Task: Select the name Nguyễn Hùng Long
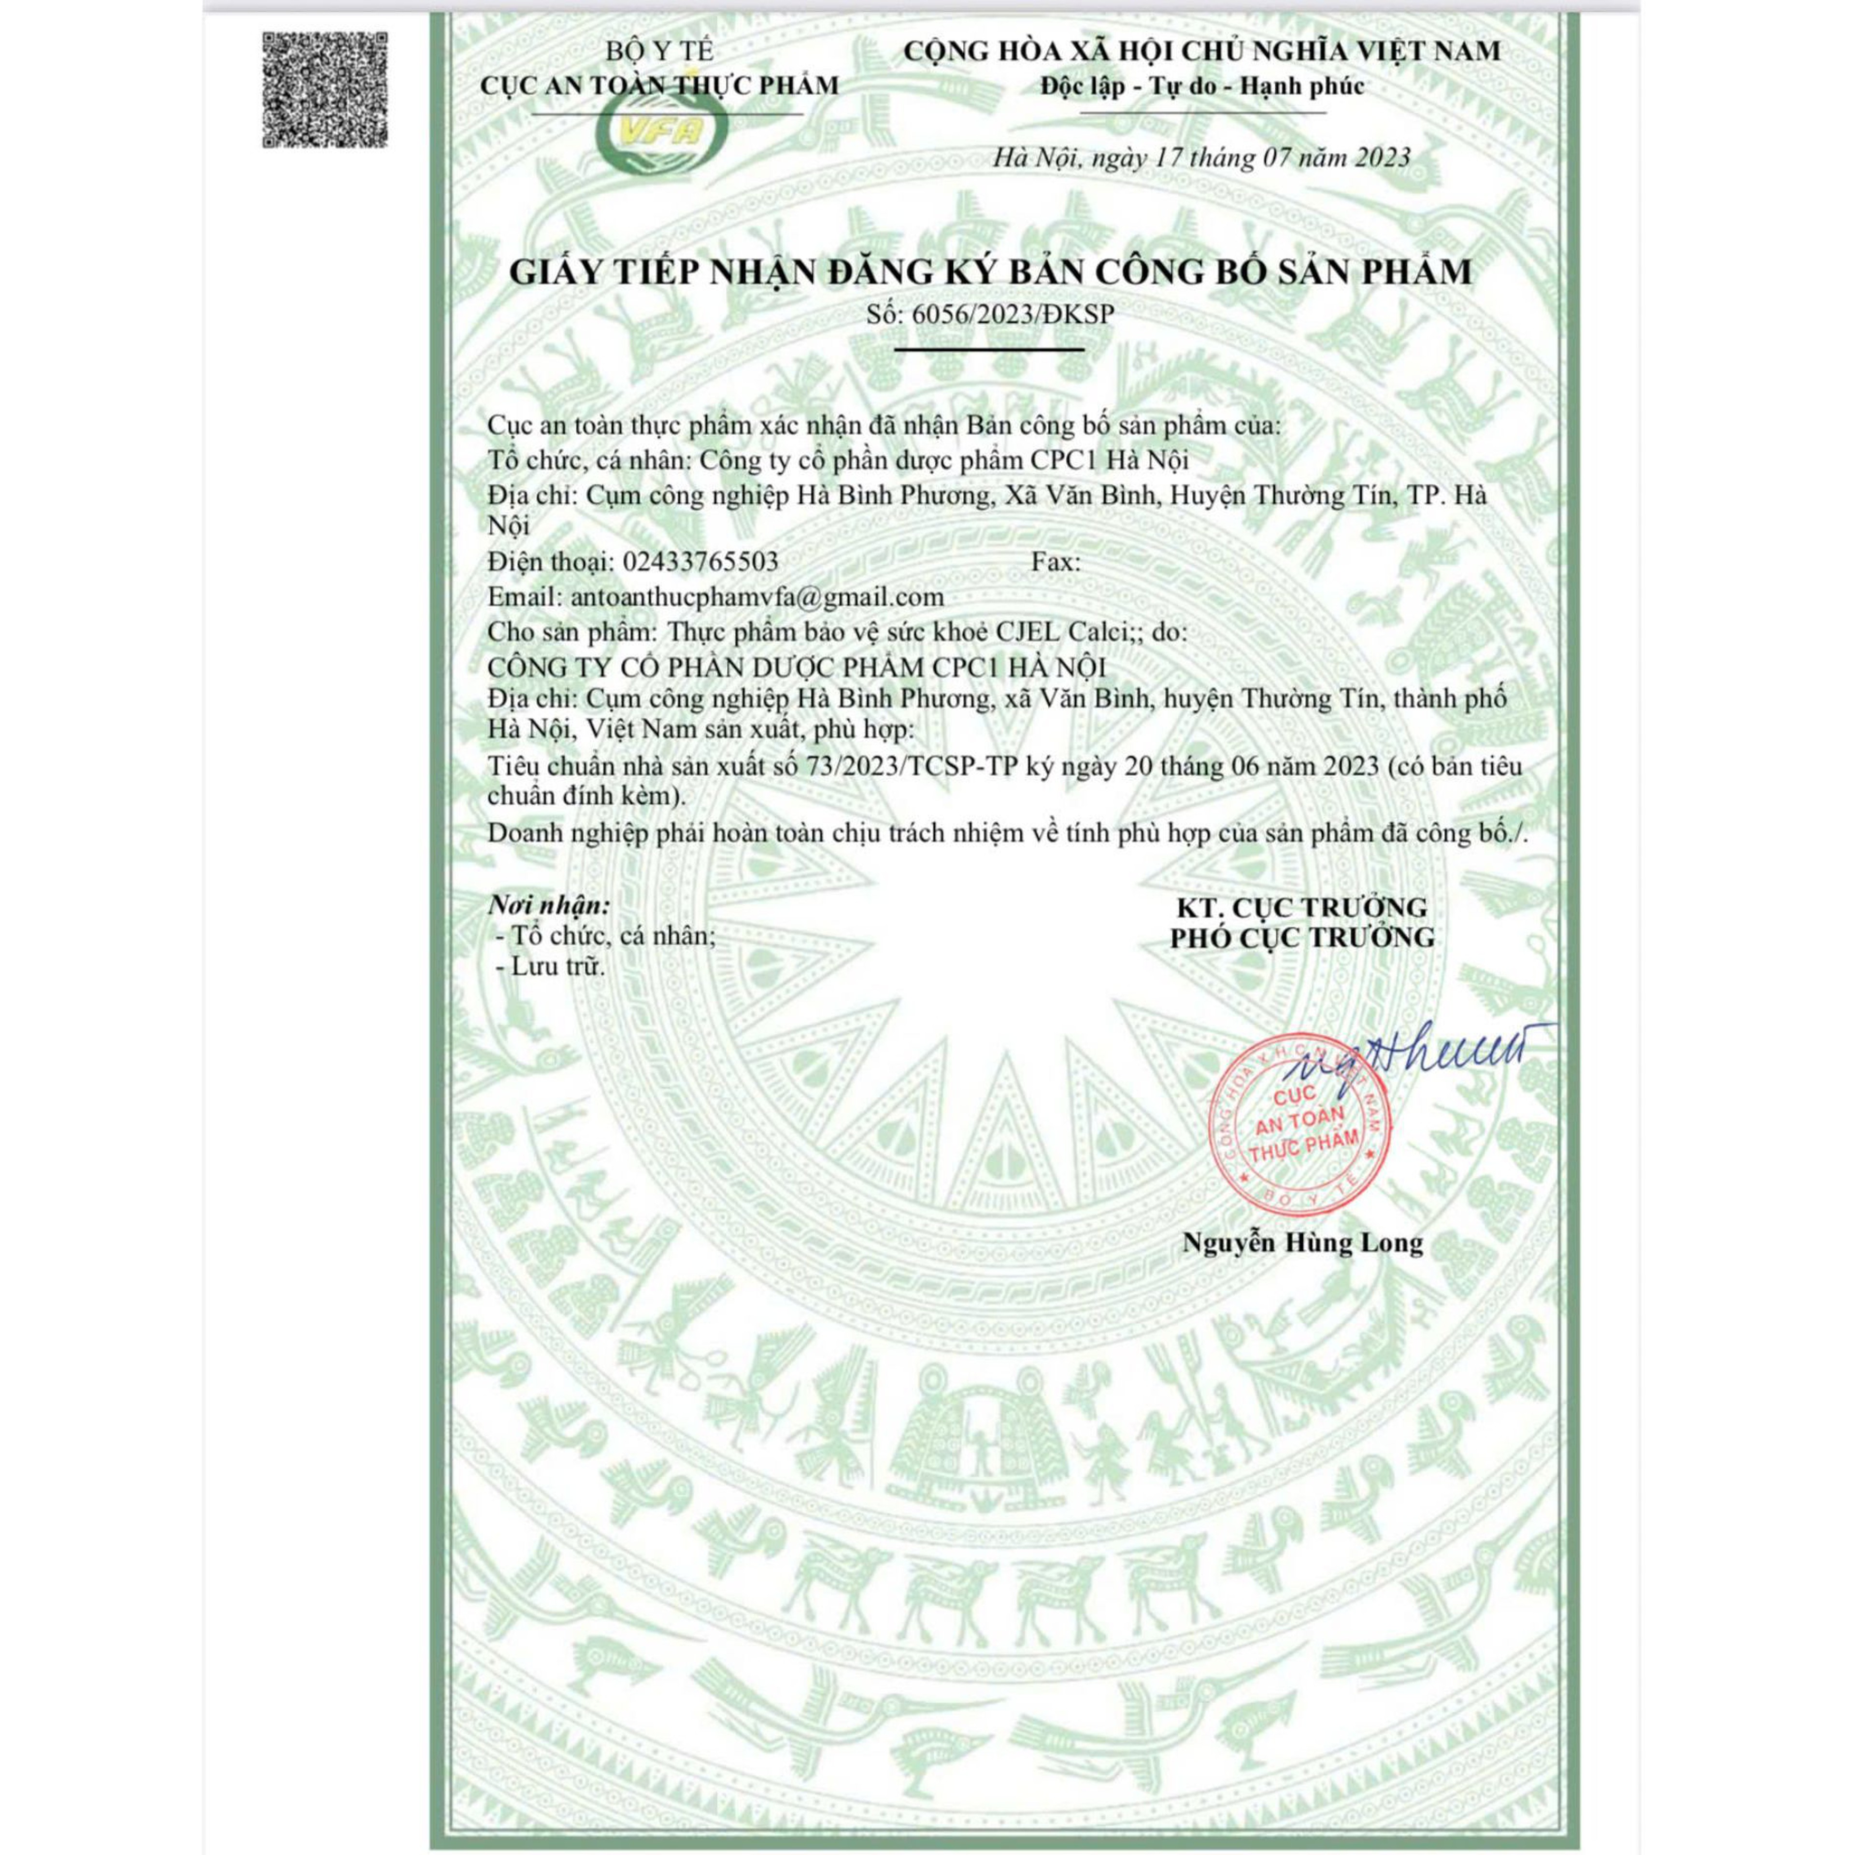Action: coord(1302,1243)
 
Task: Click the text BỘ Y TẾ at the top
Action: coord(659,52)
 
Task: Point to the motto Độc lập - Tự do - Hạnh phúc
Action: coord(1202,86)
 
